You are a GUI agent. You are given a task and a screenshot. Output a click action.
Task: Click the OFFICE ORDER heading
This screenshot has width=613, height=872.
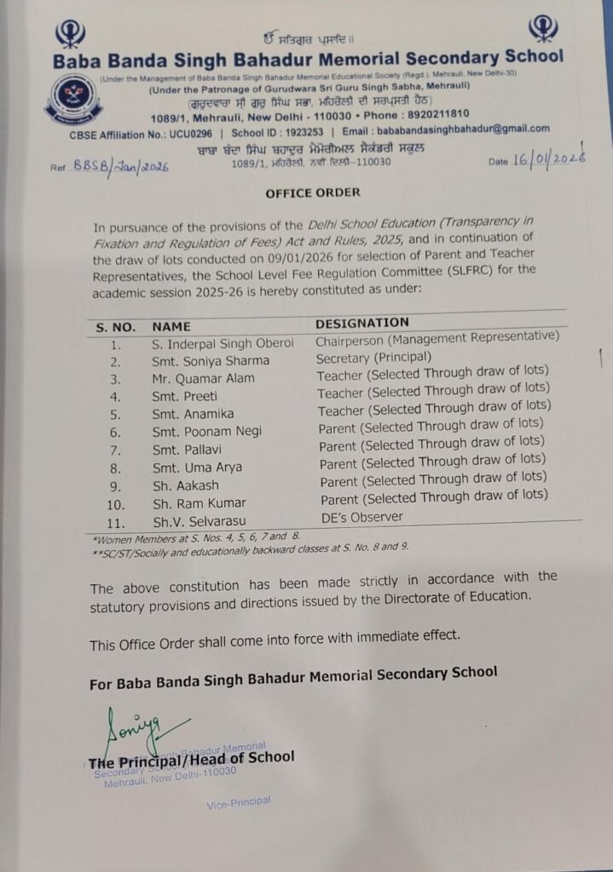click(312, 192)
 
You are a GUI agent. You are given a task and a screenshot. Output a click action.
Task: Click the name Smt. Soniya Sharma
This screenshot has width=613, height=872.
click(200, 359)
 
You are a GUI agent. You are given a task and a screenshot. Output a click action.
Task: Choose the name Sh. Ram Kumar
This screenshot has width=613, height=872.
click(199, 503)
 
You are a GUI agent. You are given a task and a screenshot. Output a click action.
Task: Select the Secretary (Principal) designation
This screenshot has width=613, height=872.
click(373, 358)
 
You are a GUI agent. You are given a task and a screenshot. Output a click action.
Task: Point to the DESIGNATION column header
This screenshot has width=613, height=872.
click(362, 324)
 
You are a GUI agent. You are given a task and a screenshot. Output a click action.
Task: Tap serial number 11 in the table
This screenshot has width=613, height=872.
click(117, 522)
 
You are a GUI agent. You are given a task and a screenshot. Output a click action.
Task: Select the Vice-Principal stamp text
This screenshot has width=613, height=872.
click(239, 802)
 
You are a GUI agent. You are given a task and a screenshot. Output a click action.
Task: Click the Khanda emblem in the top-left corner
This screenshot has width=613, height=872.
click(70, 35)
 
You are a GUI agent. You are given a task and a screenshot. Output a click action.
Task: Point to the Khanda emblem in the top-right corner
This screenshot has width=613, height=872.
click(543, 28)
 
